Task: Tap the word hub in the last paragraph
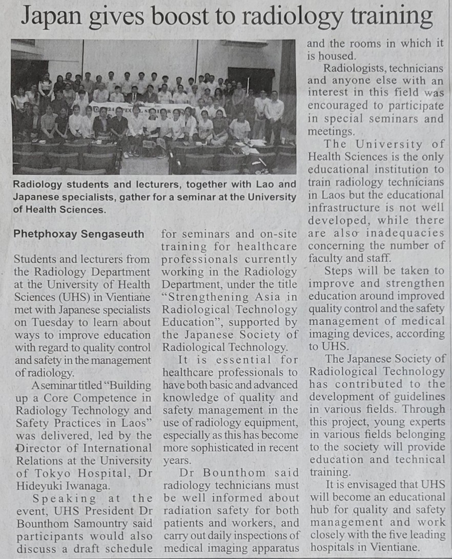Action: pyautogui.click(x=318, y=510)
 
